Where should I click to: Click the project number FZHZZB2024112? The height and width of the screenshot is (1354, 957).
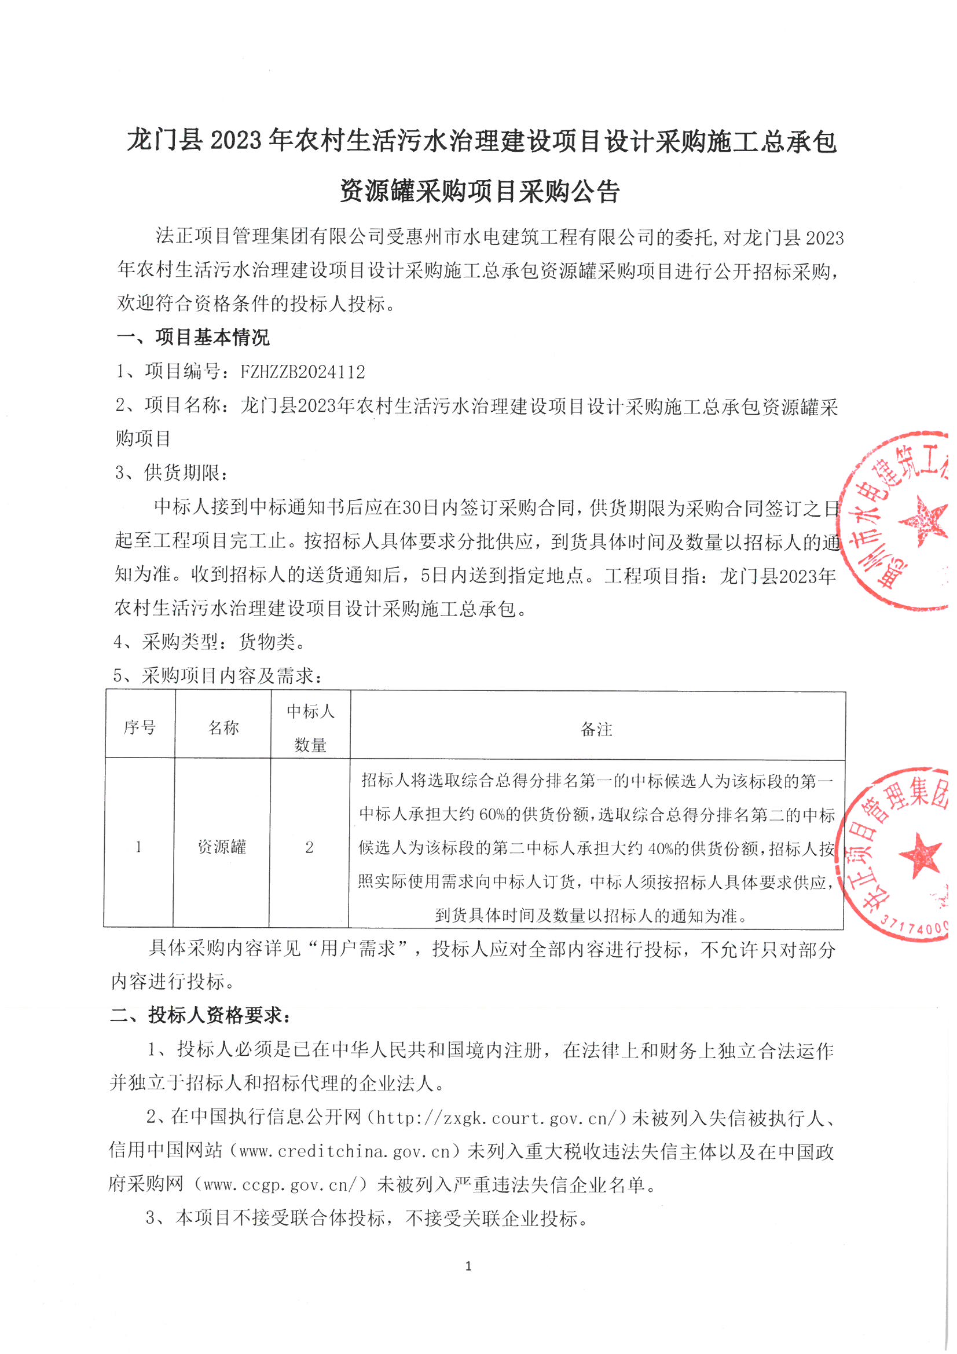point(302,372)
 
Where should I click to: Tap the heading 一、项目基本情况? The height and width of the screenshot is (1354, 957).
point(193,338)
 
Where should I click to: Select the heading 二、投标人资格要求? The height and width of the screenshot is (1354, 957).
point(200,1016)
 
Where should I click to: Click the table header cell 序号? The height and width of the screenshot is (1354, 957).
point(140,728)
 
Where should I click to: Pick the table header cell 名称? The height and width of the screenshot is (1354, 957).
point(223,728)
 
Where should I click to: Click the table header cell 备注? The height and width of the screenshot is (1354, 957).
point(597,730)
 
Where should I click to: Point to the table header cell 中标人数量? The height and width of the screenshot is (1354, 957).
point(311,729)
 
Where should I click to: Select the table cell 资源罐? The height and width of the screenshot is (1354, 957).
point(222,847)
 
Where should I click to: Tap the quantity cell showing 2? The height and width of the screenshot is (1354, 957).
point(309,848)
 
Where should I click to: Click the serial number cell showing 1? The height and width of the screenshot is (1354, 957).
point(138,847)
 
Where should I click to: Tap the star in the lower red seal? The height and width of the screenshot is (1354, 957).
point(920,855)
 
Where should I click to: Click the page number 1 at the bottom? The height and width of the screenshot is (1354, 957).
point(468,1266)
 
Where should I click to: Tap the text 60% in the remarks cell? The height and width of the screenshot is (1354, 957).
point(494,815)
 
